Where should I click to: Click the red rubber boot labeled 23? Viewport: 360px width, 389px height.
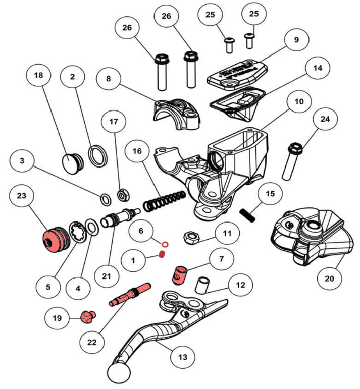[54, 239]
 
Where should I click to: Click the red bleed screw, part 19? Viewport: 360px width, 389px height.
[88, 317]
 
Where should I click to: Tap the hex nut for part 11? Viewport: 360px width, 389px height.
[191, 236]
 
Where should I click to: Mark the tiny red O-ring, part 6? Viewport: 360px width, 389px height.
[165, 245]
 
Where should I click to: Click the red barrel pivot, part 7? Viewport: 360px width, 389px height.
[179, 274]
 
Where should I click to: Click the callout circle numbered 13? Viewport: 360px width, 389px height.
[183, 357]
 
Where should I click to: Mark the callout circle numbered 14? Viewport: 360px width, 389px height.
[317, 67]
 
